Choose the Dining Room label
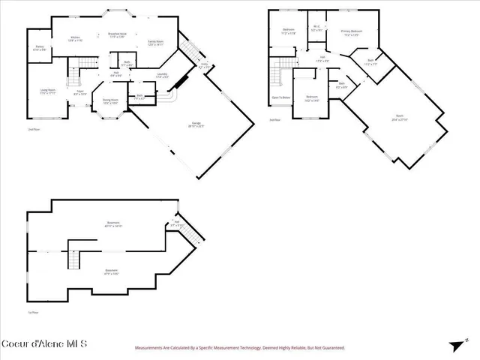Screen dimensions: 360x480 click(x=110, y=100)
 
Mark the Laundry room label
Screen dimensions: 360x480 click(x=162, y=75)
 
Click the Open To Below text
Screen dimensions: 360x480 click(x=281, y=97)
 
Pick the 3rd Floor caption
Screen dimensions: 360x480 click(x=275, y=119)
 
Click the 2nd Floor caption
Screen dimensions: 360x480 click(x=33, y=129)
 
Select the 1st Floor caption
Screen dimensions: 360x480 click(x=32, y=313)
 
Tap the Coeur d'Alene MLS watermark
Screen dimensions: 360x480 click(x=44, y=344)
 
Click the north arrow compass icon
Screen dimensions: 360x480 click(x=456, y=345)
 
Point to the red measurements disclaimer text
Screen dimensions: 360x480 click(x=239, y=348)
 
